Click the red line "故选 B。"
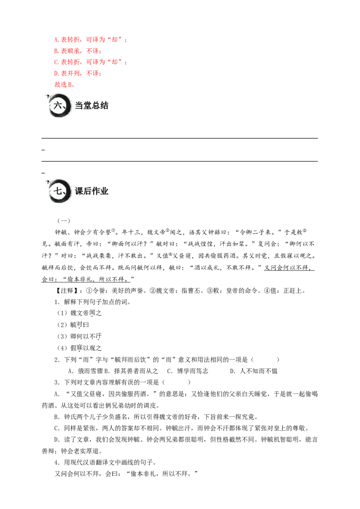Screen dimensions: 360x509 64,85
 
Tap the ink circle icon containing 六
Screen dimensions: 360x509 59,106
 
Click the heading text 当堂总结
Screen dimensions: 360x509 92,106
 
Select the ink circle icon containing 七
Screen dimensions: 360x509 59,191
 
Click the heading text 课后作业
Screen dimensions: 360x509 92,191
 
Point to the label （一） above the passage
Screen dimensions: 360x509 64,221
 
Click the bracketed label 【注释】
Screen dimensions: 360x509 65,290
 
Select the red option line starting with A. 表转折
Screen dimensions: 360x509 90,40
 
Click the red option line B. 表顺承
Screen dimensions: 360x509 78,51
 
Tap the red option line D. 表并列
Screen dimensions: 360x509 78,73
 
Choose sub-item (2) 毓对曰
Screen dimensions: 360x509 73,325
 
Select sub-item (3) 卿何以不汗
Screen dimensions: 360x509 80,336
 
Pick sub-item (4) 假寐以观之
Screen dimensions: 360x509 80,348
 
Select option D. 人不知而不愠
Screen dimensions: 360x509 254,371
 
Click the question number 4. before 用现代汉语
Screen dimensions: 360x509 57,462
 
